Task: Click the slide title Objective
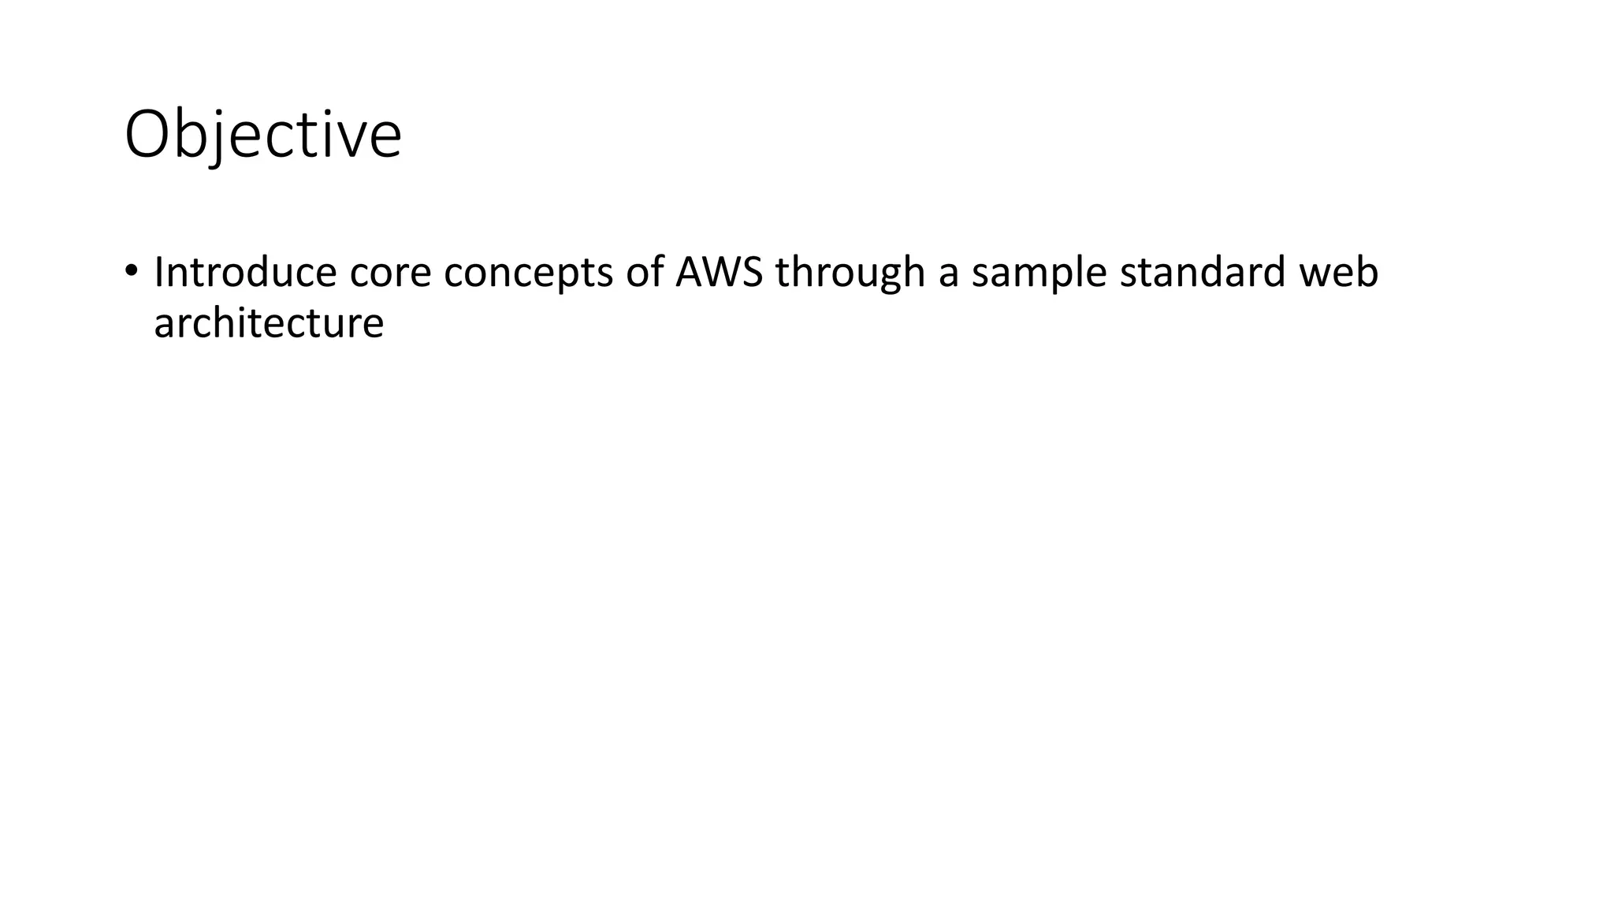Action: [x=263, y=135]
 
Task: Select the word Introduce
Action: [x=245, y=272]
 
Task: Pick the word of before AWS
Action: [x=644, y=272]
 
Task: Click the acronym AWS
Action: [x=719, y=272]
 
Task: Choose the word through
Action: [x=850, y=274]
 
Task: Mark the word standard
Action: [x=1203, y=272]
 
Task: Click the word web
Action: [x=1339, y=272]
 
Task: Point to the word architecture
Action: [x=269, y=323]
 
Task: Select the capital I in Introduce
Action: [x=158, y=272]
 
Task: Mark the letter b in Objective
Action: [x=190, y=134]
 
